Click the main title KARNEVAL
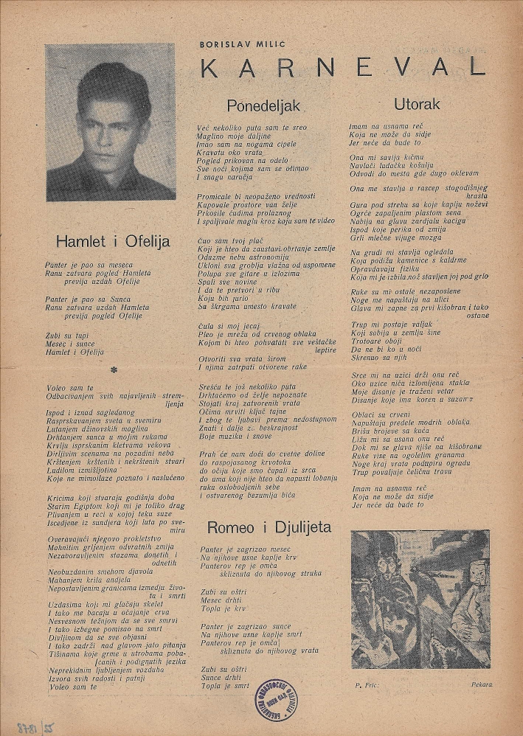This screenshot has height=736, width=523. coord(343,67)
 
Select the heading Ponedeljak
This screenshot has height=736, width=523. coord(254,105)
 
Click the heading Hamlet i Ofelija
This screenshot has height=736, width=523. coord(113,240)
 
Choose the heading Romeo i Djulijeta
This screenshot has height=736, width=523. coord(269,527)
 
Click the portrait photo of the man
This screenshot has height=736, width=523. coord(111,122)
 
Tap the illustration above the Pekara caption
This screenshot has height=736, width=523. coord(420,599)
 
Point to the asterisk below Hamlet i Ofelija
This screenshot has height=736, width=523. coord(113,370)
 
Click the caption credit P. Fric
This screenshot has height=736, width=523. coord(365,684)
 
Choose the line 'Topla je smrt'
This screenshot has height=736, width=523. coord(225,685)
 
